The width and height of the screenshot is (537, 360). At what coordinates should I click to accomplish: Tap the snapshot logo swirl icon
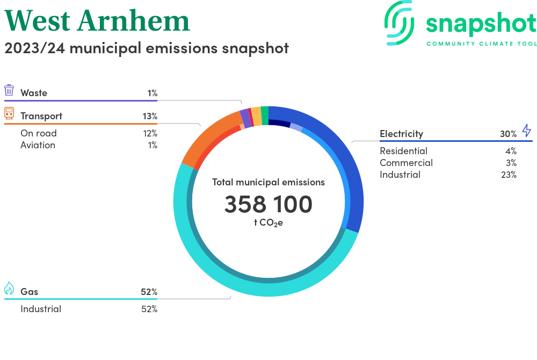(400, 23)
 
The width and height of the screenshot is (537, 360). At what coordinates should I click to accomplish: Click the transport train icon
(9, 113)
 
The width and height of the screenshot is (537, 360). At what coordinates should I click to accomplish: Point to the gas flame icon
(9, 289)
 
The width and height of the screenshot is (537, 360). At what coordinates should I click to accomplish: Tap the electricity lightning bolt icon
(526, 131)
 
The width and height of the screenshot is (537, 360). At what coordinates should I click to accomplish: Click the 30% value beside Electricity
(508, 134)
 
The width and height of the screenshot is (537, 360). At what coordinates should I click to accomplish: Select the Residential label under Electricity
(403, 151)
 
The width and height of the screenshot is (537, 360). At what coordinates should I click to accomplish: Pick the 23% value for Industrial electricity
(508, 175)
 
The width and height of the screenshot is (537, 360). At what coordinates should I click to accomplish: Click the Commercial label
(406, 163)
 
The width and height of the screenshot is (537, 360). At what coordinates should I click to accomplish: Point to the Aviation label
(38, 145)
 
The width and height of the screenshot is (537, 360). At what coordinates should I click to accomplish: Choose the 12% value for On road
(150, 133)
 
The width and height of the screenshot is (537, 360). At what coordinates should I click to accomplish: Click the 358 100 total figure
(268, 205)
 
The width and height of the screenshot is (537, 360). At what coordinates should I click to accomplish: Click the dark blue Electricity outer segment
(344, 161)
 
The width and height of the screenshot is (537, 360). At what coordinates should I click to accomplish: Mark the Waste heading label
(34, 93)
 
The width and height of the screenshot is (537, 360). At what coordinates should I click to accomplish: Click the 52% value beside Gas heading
(149, 292)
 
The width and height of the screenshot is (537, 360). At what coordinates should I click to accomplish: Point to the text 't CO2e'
(268, 223)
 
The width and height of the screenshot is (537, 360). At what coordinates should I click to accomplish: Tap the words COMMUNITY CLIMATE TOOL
(481, 44)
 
